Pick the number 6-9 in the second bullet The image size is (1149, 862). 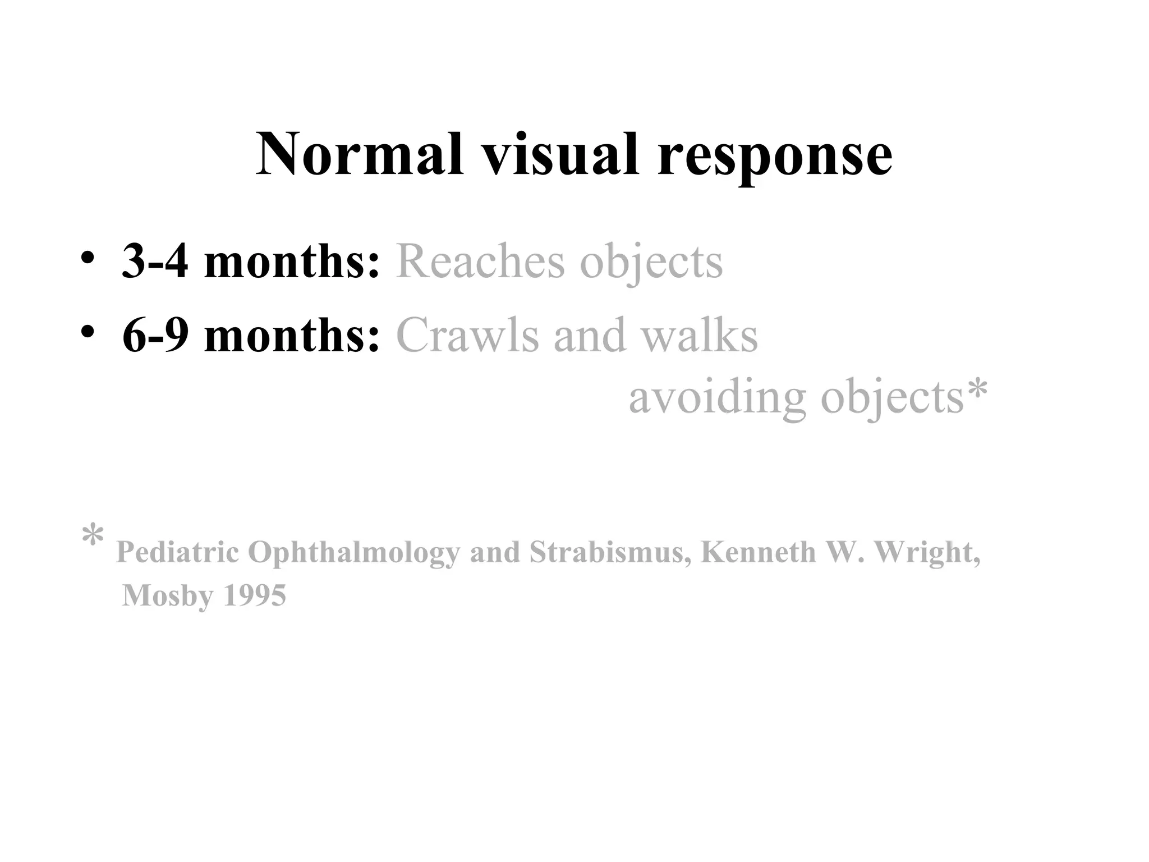pos(155,335)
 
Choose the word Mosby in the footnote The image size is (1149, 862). pos(168,596)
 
